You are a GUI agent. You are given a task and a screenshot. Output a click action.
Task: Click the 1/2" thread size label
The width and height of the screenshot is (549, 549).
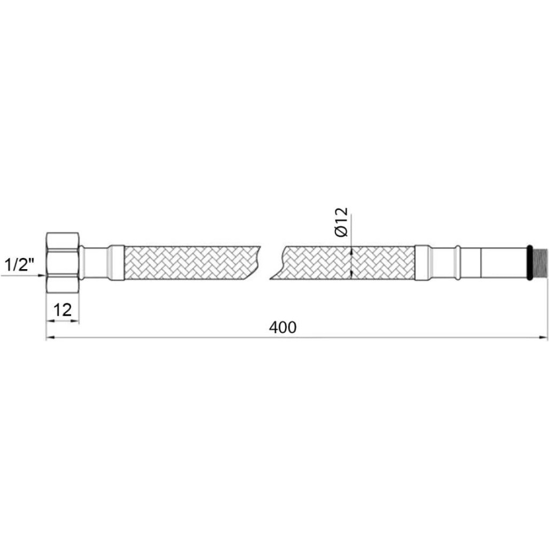(x=19, y=265)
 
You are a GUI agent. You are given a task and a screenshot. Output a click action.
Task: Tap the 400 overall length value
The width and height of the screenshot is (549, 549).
(x=283, y=327)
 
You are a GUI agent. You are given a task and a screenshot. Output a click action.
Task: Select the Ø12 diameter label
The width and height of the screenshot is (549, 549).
(x=341, y=222)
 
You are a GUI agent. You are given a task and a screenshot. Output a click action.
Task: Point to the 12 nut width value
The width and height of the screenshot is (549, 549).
(x=62, y=310)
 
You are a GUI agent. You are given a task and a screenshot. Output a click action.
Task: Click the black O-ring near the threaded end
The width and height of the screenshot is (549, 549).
(x=530, y=263)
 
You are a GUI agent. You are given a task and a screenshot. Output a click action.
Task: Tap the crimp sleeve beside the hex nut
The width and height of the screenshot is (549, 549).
(x=116, y=263)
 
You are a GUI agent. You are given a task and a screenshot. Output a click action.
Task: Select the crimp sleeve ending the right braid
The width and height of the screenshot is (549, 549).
(x=422, y=263)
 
